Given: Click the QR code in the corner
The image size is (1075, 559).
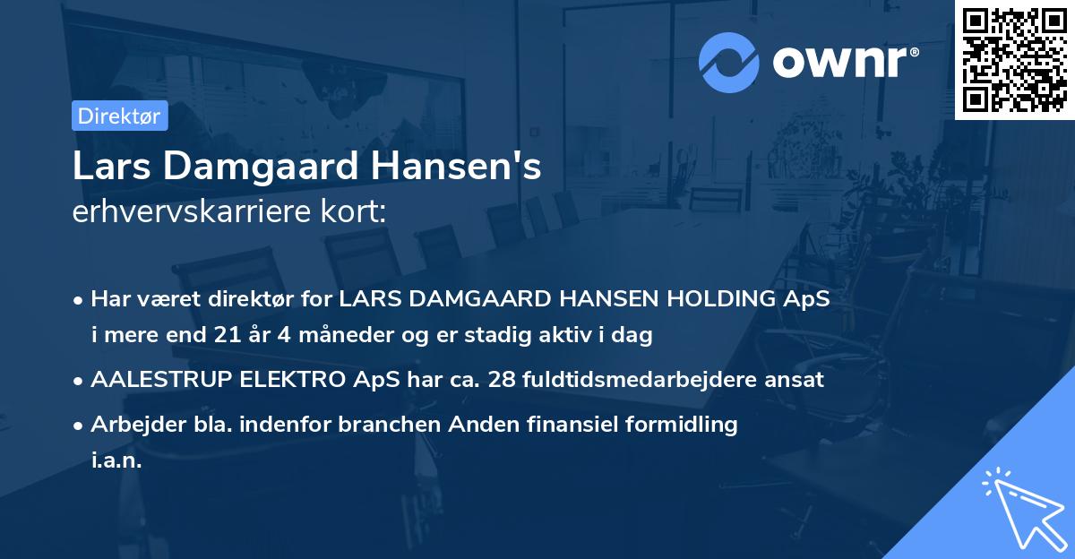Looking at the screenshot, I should coord(1014,59).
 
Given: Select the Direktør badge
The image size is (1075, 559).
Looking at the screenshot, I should coord(119,116).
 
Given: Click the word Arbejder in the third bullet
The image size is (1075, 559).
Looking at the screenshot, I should coord(131,424).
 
